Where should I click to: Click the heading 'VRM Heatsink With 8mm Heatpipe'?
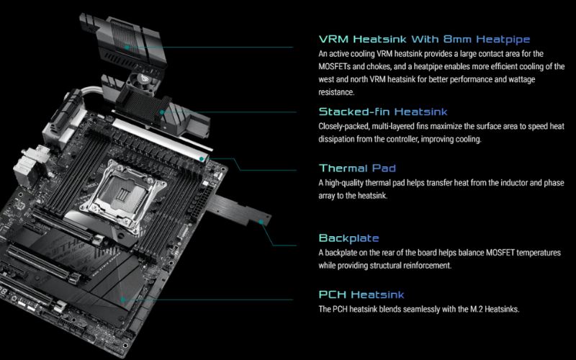(x=424, y=40)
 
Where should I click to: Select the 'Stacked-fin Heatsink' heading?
(x=383, y=112)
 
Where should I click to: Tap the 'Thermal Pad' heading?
(x=357, y=168)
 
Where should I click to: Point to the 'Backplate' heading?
(x=348, y=238)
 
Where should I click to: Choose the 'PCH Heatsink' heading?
(x=361, y=294)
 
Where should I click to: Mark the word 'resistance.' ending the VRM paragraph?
(x=336, y=92)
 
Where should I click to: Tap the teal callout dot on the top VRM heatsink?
(x=127, y=48)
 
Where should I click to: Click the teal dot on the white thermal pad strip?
(x=202, y=158)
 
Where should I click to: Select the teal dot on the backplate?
(x=261, y=222)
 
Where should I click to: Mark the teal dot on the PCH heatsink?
(x=122, y=300)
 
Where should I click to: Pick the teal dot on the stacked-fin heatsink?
(x=161, y=112)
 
